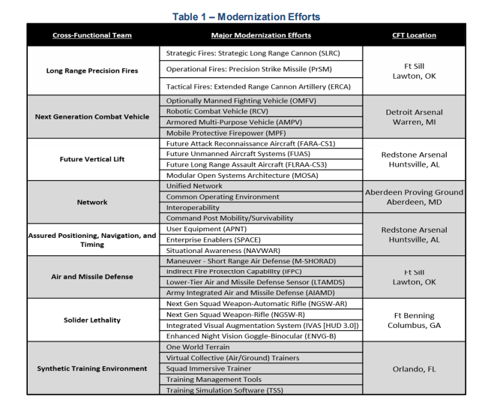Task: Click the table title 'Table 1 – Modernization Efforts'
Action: [x=240, y=14]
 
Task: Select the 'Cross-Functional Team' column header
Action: [x=91, y=35]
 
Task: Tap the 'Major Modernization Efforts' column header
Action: [x=261, y=35]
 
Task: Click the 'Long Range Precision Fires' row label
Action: [x=91, y=71]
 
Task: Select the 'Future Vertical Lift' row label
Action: [x=91, y=159]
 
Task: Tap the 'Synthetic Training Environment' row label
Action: [x=91, y=368]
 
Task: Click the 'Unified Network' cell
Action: [x=194, y=185]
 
